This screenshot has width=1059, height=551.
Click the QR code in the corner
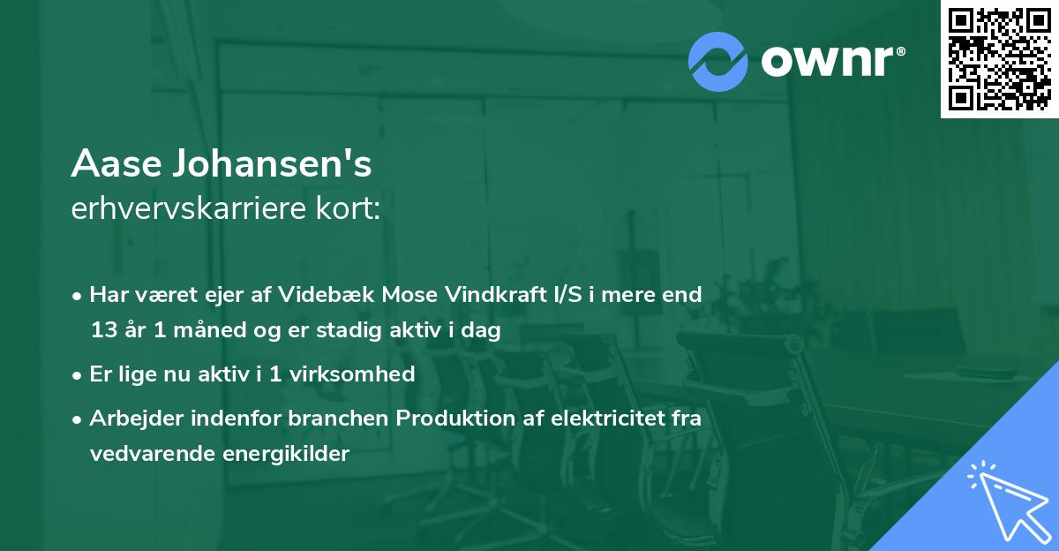coord(1000,58)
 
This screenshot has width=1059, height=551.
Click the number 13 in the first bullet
coord(102,330)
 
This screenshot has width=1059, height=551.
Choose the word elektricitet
coord(601,419)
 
